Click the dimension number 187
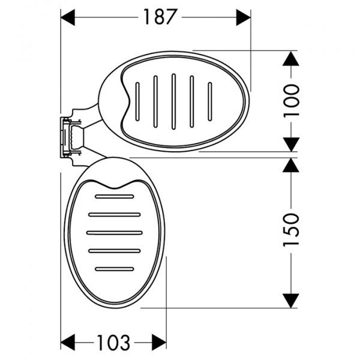coord(160,17)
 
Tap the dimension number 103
coord(113,343)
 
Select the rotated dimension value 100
coord(292,101)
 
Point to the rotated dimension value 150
coord(292,230)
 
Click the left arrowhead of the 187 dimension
coord(67,17)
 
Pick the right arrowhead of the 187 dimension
coord(244,17)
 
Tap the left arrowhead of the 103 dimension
coord(67,343)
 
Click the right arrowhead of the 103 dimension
coord(159,343)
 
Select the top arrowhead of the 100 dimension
coord(291,58)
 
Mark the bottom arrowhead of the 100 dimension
coord(291,145)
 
